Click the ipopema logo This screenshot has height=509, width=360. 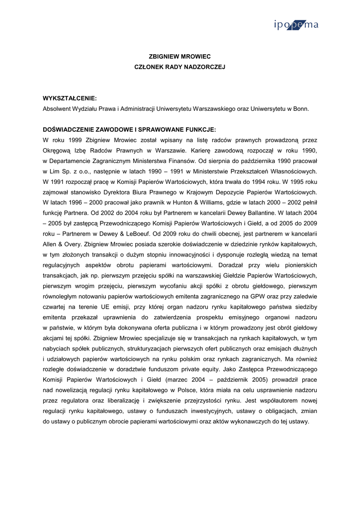pyautogui.click(x=296, y=25)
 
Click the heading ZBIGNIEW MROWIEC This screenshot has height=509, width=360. pyautogui.click(x=180, y=57)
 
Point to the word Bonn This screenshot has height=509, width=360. pyautogui.click(x=301, y=108)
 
